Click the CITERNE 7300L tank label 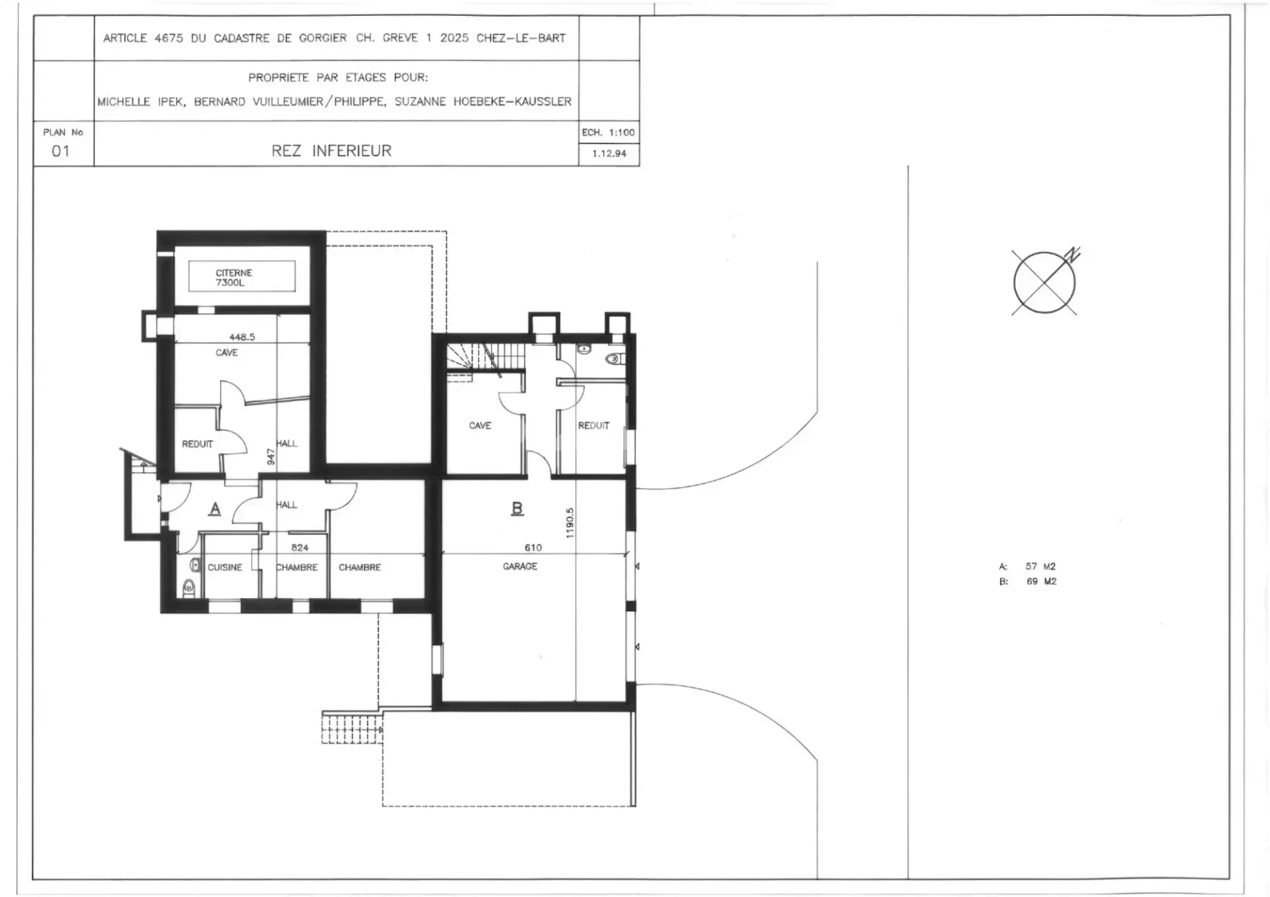[233, 277]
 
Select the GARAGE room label [520, 566]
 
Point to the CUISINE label [225, 568]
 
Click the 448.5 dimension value [242, 337]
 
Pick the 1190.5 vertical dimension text [570, 523]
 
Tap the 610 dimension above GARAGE [533, 548]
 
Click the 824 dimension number [300, 548]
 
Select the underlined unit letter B [517, 508]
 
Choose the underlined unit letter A [215, 509]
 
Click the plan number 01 [60, 151]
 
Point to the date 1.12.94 [609, 153]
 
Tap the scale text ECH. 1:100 [609, 132]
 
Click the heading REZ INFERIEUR [331, 151]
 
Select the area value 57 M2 [1040, 566]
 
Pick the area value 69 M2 [1041, 581]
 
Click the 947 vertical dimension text [271, 456]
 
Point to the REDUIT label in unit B [593, 425]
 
